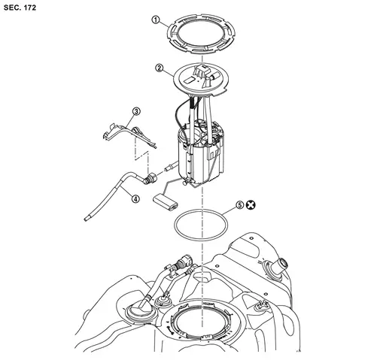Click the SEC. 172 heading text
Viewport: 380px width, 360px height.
click(x=20, y=8)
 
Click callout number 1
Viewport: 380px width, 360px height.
click(x=156, y=20)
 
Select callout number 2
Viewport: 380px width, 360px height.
click(x=160, y=68)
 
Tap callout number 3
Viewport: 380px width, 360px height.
click(x=136, y=111)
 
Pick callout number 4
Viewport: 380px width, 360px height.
click(x=135, y=199)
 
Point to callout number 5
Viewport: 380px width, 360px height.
click(x=240, y=205)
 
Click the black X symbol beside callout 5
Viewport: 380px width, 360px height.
click(x=250, y=205)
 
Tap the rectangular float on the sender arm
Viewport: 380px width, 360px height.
click(x=166, y=202)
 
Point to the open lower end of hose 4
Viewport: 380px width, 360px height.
click(x=86, y=219)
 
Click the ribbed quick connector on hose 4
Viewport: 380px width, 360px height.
click(x=150, y=179)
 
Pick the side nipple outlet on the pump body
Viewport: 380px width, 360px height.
click(x=170, y=166)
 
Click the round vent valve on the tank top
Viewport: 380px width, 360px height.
click(x=163, y=301)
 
